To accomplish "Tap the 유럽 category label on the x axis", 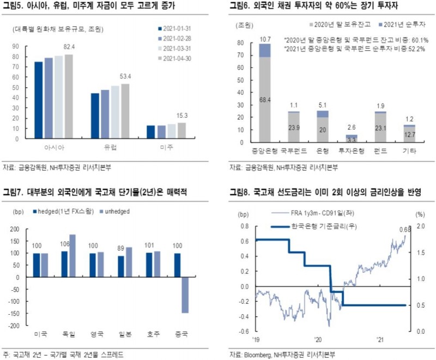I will coord(111,148).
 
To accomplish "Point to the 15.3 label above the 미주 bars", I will coord(181,116).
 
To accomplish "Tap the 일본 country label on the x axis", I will coord(126,334).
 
